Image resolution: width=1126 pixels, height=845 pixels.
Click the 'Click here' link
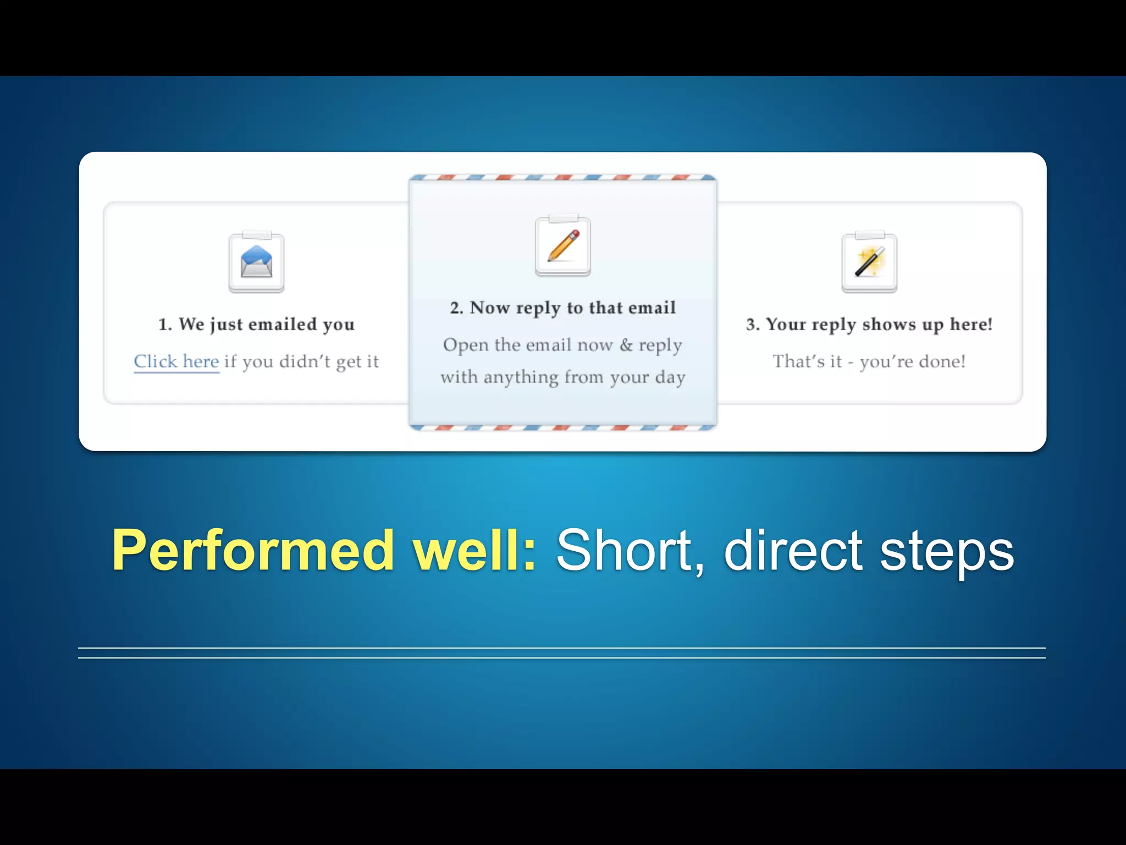(176, 361)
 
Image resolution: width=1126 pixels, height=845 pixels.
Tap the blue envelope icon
(256, 262)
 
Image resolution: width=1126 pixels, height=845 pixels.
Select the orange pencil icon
(562, 246)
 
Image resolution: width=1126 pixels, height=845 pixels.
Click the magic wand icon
(869, 262)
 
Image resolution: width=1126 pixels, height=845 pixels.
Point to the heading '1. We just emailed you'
(256, 324)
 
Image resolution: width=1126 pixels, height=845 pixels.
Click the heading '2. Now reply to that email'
(562, 308)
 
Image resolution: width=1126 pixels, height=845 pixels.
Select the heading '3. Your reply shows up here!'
(869, 324)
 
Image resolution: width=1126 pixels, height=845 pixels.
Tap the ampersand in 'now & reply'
(626, 345)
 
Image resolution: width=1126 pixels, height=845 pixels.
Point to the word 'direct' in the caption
(793, 550)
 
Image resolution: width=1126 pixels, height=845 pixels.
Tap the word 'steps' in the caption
(947, 550)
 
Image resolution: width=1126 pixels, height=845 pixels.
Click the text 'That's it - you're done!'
(869, 361)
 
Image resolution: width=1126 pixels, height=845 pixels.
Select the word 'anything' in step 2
(521, 377)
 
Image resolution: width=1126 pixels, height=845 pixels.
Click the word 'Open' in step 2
(465, 345)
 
